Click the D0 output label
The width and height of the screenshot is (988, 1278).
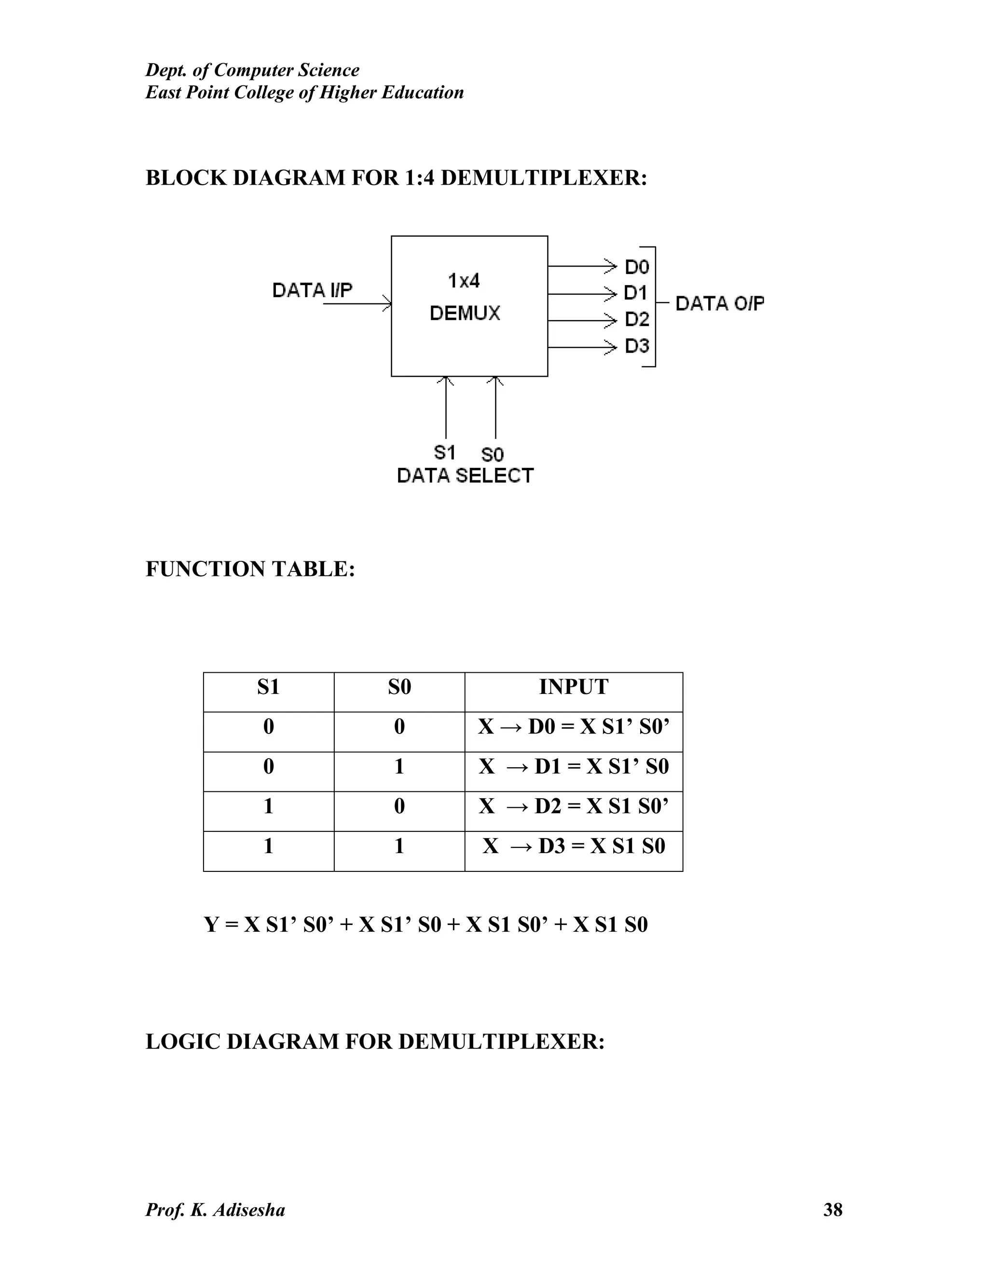point(637,268)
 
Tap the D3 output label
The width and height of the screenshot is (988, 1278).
point(637,346)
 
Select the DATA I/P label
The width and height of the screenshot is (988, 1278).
point(313,290)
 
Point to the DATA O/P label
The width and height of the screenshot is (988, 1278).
point(720,303)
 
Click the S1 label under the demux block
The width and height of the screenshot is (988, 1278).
point(444,452)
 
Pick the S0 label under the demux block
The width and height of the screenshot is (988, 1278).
point(492,454)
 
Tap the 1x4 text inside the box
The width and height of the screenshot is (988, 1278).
point(464,282)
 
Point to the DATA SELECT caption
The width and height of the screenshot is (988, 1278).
point(466,476)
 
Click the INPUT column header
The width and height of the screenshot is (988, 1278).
point(574,687)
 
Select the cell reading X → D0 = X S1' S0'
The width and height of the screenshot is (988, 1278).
point(574,727)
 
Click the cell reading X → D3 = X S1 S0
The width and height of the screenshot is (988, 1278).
point(574,846)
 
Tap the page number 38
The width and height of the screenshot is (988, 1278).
point(832,1210)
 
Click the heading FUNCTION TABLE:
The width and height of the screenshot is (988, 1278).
point(250,569)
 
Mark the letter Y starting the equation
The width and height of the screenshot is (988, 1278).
point(211,925)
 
